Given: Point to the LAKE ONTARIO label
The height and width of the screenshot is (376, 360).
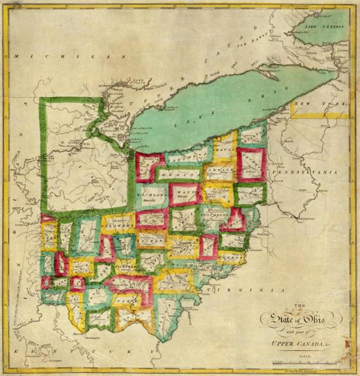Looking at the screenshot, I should [x=323, y=28].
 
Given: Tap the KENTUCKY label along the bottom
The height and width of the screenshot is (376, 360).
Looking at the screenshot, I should [x=91, y=347].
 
